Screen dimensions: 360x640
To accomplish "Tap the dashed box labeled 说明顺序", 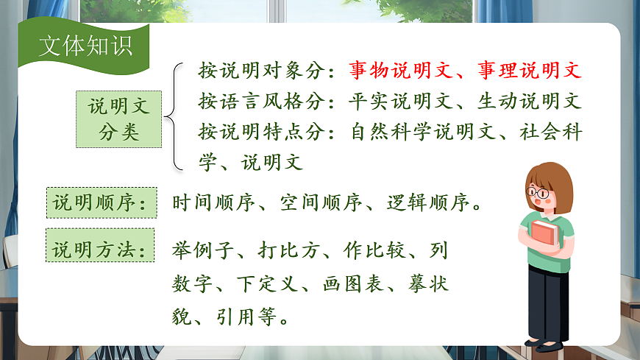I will pyautogui.click(x=102, y=203).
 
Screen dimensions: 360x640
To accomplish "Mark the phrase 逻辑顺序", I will pyautogui.click(x=419, y=203).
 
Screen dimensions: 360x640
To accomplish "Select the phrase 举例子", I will pyautogui.click(x=203, y=250).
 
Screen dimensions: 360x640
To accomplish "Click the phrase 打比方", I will pyautogui.click(x=289, y=250).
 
